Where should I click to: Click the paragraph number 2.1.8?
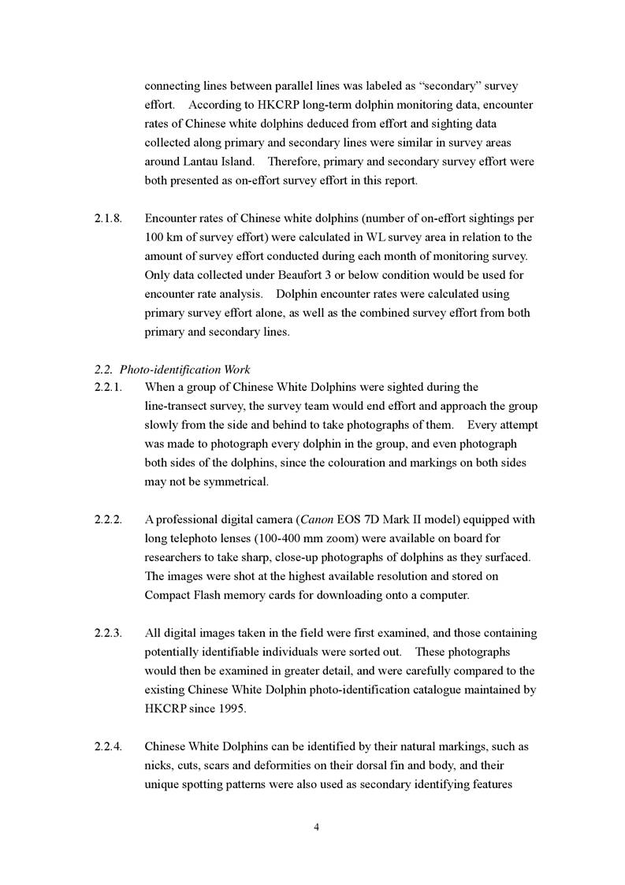point(108,218)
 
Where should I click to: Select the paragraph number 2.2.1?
point(108,387)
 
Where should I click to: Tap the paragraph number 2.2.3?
point(108,633)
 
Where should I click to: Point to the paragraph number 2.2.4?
point(108,746)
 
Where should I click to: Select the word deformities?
point(298,765)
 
